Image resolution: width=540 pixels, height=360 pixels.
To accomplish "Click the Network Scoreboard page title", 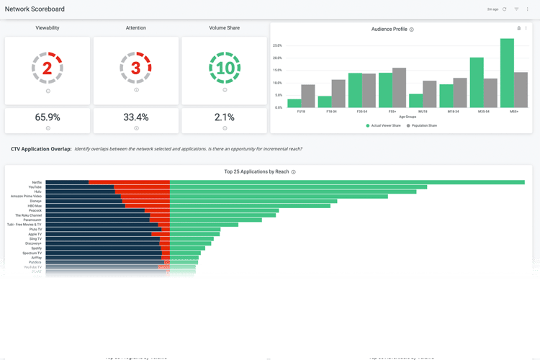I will pos(35,9).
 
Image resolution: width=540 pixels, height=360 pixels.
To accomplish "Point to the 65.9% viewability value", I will pos(48,117).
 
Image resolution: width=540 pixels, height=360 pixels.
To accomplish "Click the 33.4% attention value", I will pos(135,117).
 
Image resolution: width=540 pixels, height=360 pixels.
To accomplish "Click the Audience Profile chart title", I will pos(389,30).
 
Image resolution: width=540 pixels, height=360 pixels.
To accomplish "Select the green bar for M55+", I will pos(507,73).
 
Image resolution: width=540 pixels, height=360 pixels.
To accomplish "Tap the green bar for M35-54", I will pos(477,83).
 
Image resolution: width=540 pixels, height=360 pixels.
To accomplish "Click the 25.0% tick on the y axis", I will pos(277,45).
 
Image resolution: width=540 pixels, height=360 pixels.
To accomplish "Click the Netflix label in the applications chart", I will pos(37,182).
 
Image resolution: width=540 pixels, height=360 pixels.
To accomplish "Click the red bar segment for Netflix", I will pos(129,182).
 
